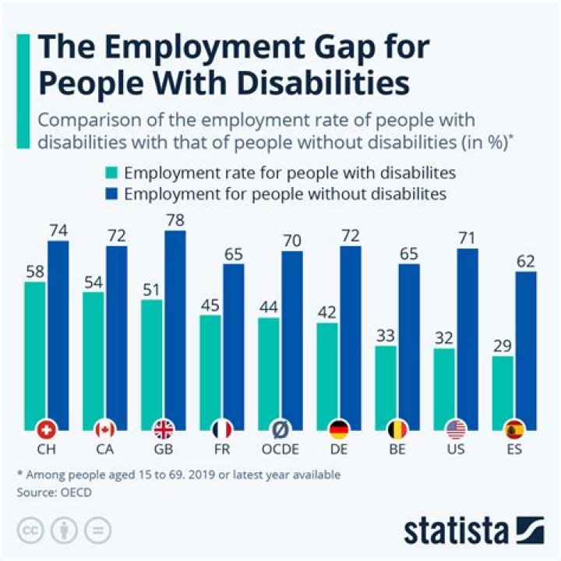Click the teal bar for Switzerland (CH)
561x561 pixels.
[35, 351]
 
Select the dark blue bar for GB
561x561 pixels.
[175, 327]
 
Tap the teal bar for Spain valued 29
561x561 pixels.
[503, 390]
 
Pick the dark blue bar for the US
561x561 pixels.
[467, 335]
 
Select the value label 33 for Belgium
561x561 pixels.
[386, 336]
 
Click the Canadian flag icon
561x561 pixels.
[105, 429]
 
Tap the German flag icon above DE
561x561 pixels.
[339, 429]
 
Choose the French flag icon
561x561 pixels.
[222, 429]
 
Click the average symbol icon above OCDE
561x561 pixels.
[280, 429]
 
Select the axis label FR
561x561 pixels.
[222, 450]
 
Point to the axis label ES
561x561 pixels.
[513, 450]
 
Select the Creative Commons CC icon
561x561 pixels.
[29, 530]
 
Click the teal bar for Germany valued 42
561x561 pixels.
[327, 374]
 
